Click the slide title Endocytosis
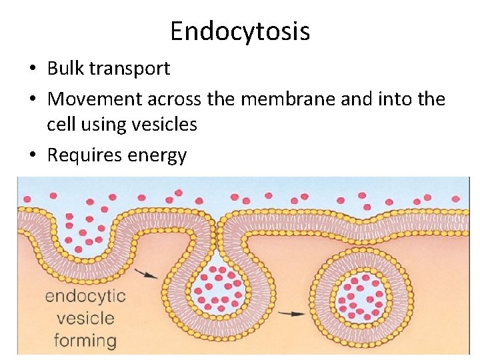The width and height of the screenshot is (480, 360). pyautogui.click(x=240, y=31)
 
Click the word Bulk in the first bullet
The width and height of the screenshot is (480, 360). pyautogui.click(x=65, y=68)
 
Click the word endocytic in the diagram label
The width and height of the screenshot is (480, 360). pyautogui.click(x=85, y=295)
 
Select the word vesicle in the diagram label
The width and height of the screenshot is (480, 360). pyautogui.click(x=85, y=318)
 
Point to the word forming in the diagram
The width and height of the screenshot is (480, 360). pyautogui.click(x=85, y=341)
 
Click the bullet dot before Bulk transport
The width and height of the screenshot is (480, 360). pyautogui.click(x=33, y=69)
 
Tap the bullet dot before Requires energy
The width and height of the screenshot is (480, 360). pyautogui.click(x=33, y=156)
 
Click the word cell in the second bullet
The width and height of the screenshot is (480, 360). pyautogui.click(x=62, y=124)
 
